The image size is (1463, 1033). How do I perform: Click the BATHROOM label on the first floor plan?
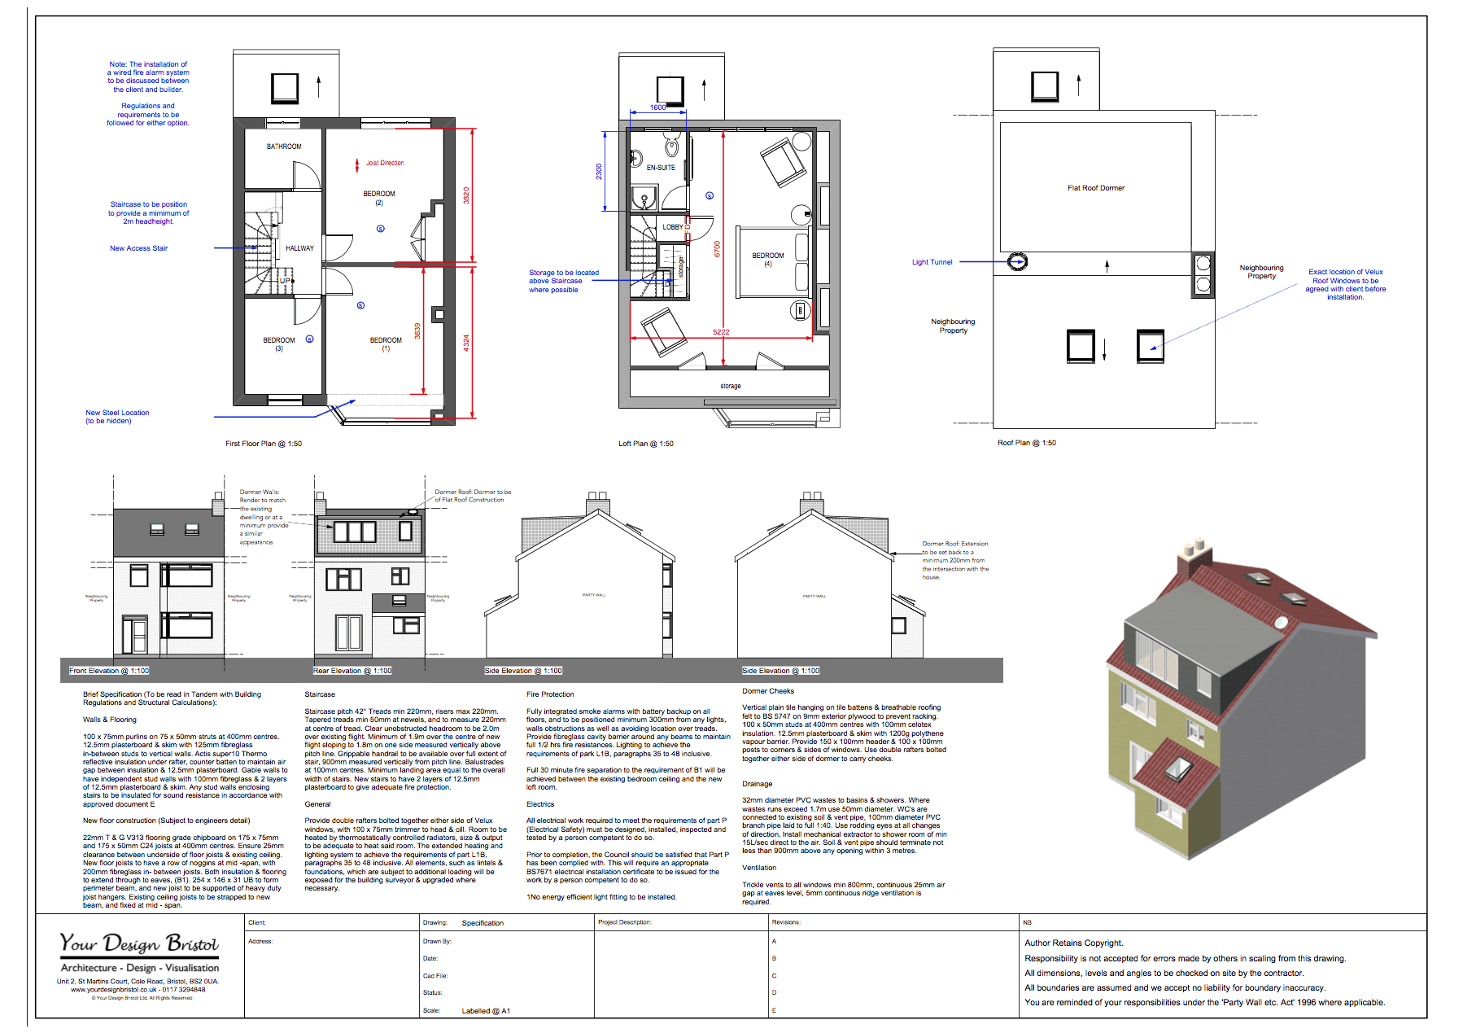click(x=284, y=147)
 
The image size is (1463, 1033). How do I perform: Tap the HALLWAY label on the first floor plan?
click(x=299, y=248)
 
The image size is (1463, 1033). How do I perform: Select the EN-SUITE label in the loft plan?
click(x=661, y=168)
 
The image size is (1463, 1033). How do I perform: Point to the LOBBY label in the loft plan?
click(x=673, y=227)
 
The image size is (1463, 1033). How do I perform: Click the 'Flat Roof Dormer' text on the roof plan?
click(x=1096, y=188)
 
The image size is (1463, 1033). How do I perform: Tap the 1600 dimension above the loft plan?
click(x=657, y=107)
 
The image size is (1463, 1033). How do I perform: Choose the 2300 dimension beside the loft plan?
click(x=599, y=172)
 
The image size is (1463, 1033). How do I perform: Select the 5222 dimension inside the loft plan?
click(x=721, y=332)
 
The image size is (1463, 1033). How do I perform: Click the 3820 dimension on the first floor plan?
click(x=466, y=195)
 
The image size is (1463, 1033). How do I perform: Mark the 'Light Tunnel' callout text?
click(x=932, y=262)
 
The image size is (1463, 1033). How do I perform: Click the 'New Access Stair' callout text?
click(x=138, y=248)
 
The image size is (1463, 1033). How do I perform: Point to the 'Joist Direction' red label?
click(x=385, y=163)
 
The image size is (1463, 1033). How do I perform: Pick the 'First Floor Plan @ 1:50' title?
click(x=264, y=444)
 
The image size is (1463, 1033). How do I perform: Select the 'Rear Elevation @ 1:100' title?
click(x=352, y=671)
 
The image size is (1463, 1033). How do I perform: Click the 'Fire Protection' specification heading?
click(x=550, y=694)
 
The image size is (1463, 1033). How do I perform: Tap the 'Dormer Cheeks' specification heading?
click(x=768, y=691)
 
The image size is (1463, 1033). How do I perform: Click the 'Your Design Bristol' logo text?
click(x=139, y=943)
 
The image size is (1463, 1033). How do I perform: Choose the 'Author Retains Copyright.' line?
click(x=1073, y=943)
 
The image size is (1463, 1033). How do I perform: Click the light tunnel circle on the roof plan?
click(x=1017, y=261)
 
